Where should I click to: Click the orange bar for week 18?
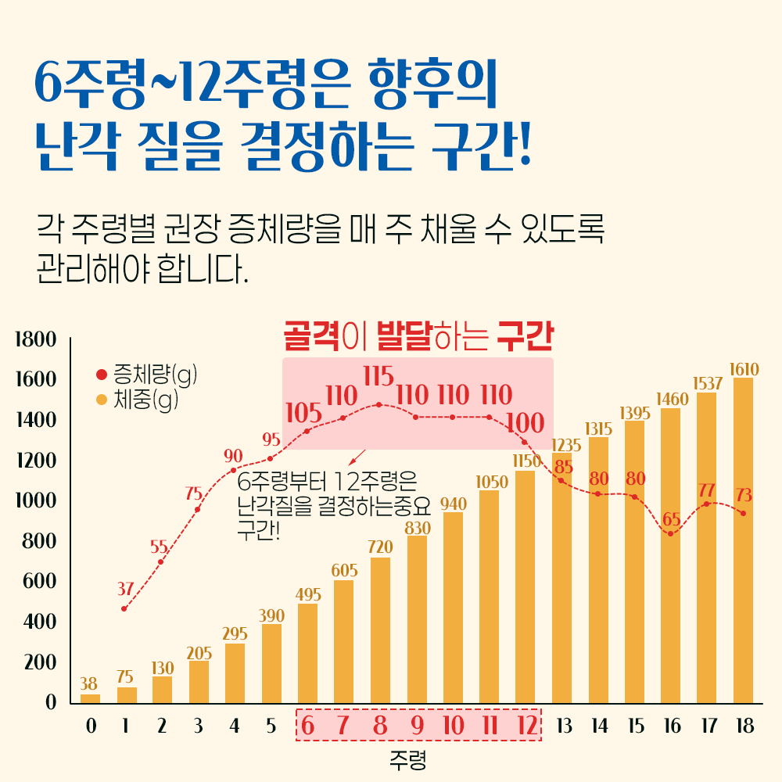click(x=743, y=540)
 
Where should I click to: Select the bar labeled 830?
click(x=417, y=619)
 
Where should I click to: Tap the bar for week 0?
click(x=91, y=698)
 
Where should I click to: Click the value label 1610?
click(x=743, y=368)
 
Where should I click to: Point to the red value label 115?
click(x=378, y=376)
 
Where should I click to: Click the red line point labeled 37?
click(x=124, y=608)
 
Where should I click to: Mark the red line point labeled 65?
click(x=670, y=533)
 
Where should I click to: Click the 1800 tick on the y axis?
click(x=35, y=340)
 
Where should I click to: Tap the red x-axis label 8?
click(x=380, y=726)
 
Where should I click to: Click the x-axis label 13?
click(x=563, y=726)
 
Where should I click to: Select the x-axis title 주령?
click(x=407, y=758)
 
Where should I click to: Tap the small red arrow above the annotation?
click(x=359, y=457)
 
